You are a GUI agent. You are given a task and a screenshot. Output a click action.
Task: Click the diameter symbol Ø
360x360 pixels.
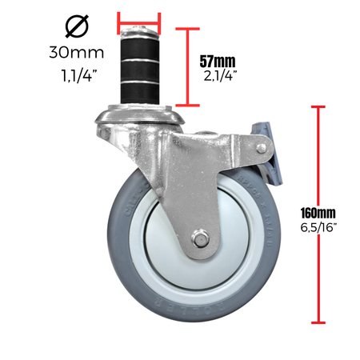click(x=77, y=26)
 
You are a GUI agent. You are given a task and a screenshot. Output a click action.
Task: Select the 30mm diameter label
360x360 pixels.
click(x=77, y=52)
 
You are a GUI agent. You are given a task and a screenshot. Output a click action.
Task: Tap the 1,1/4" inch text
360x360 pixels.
click(x=77, y=75)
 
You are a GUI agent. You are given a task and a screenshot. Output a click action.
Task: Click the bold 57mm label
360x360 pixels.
click(x=218, y=62)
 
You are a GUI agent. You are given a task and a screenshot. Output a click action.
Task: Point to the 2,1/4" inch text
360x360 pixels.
click(x=220, y=76)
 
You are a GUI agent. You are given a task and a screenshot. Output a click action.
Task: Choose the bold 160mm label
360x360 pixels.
click(x=318, y=213)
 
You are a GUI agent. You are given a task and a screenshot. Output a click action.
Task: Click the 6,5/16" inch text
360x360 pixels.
click(x=318, y=227)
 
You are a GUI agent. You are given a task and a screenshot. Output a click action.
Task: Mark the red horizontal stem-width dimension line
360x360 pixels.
click(x=139, y=23)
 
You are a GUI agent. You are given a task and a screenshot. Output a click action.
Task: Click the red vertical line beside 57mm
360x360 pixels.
click(x=188, y=67)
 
